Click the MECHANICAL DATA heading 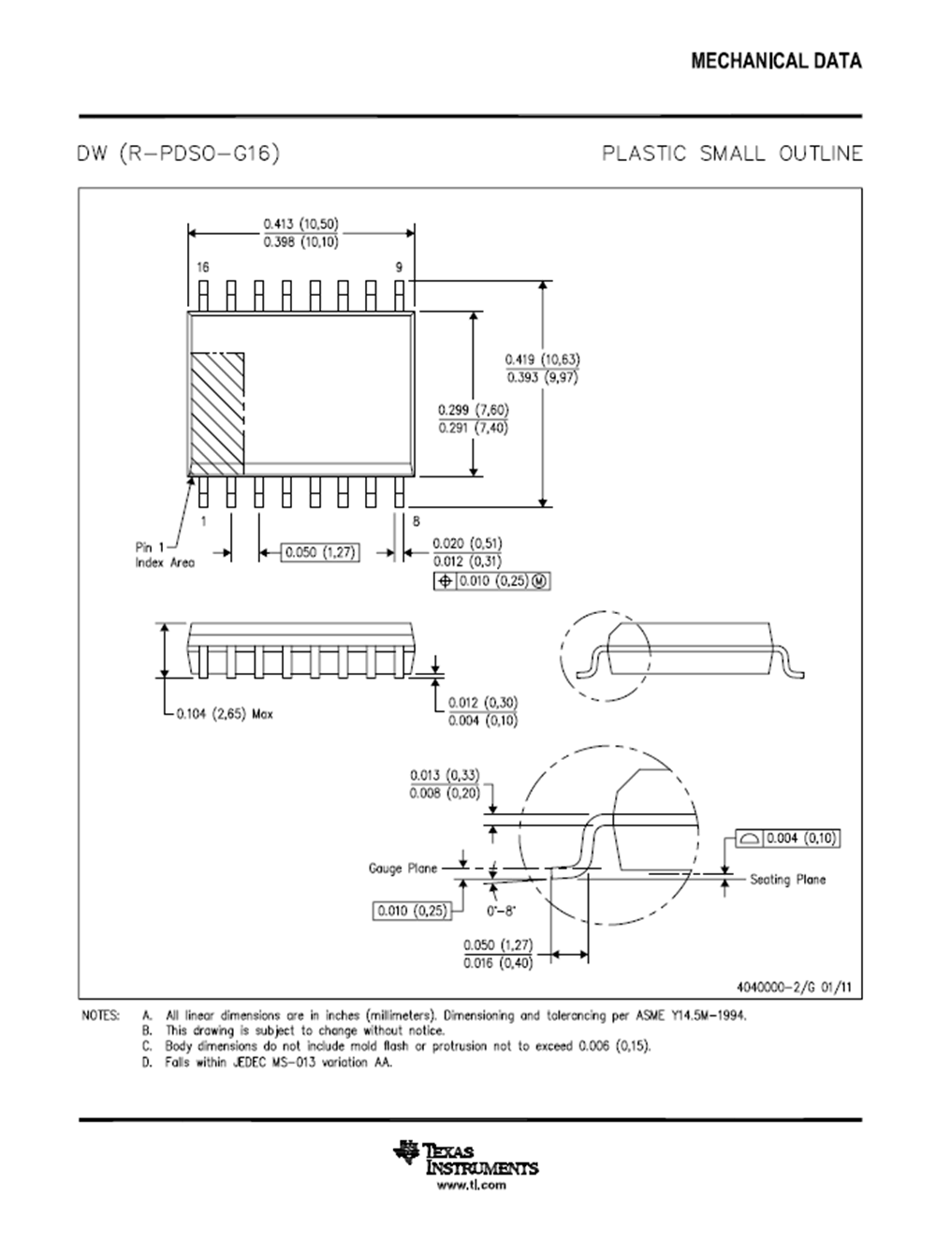(776, 62)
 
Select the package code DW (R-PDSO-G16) (179, 153)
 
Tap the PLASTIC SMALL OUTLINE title (732, 153)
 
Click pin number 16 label (203, 268)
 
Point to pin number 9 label (399, 268)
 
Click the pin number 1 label (203, 520)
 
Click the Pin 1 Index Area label (165, 555)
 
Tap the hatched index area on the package (217, 412)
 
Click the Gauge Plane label (402, 869)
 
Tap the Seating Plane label (787, 880)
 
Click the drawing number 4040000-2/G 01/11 (795, 986)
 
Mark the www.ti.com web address (472, 1185)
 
